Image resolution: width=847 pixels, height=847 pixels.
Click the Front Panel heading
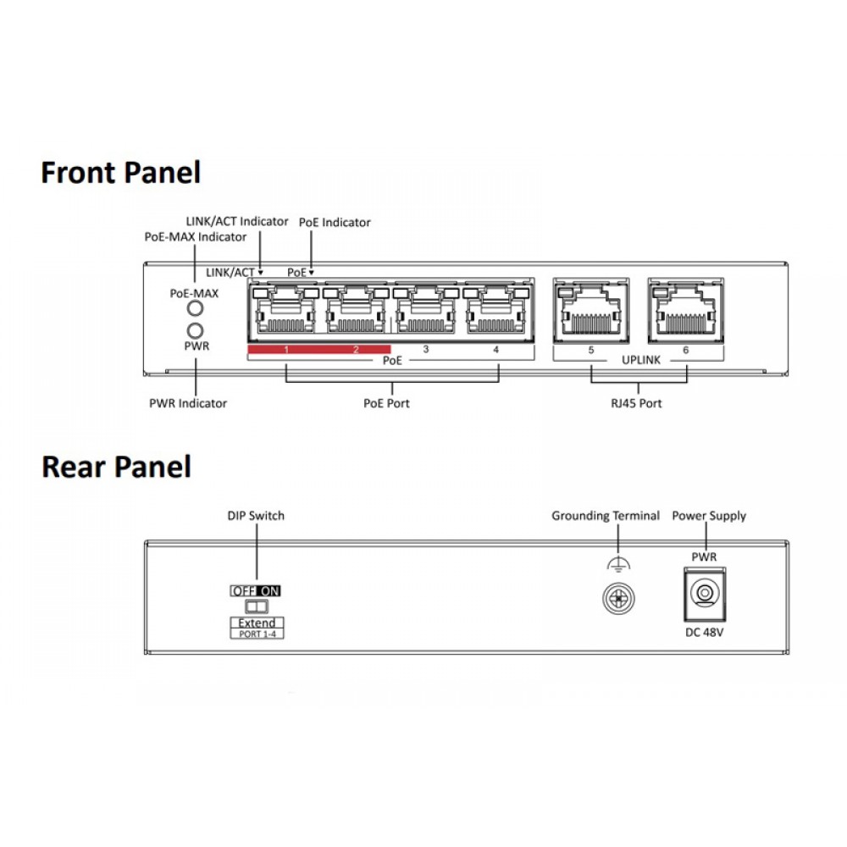pos(121,173)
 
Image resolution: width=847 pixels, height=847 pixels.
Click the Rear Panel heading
pos(116,467)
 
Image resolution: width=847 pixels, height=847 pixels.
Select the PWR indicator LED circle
pos(195,330)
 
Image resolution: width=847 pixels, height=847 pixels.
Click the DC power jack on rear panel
pos(703,594)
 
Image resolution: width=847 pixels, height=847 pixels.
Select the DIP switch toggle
pos(255,606)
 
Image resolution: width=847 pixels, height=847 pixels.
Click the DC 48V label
pos(704,632)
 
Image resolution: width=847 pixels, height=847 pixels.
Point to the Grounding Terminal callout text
pos(606,516)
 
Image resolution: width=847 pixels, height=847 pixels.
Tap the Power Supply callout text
pos(709,516)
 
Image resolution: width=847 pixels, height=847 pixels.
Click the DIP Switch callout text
pos(255,516)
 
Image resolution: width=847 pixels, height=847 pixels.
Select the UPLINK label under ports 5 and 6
pos(637,360)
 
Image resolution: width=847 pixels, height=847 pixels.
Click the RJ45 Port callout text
pos(637,403)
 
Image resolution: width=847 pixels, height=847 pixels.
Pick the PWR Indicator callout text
pos(188,403)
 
